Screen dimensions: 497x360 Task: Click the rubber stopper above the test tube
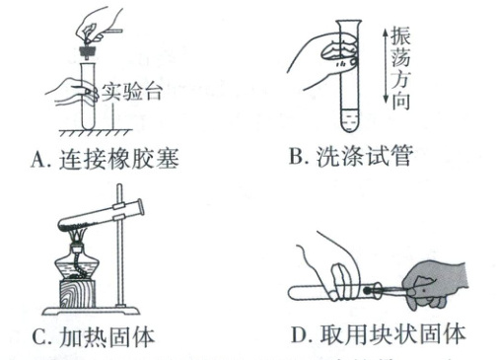[88, 52]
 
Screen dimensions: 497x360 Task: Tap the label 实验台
[132, 92]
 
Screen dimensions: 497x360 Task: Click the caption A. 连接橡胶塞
[106, 159]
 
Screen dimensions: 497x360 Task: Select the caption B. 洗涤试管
[351, 156]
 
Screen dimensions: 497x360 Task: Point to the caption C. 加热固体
[94, 336]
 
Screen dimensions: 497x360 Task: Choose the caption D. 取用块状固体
[379, 334]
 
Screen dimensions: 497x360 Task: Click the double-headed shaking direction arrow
[386, 65]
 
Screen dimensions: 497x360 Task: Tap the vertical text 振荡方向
[400, 68]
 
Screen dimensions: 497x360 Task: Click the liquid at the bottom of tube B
[350, 119]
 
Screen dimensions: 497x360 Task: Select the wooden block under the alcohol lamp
[78, 294]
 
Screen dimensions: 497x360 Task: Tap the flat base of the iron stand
[91, 311]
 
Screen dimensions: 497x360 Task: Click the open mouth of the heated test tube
[140, 207]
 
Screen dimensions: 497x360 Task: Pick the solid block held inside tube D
[368, 290]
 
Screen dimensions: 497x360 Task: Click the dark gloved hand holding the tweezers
[434, 284]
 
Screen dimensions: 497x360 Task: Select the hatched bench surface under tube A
[96, 132]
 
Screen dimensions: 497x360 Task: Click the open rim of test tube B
[348, 22]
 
